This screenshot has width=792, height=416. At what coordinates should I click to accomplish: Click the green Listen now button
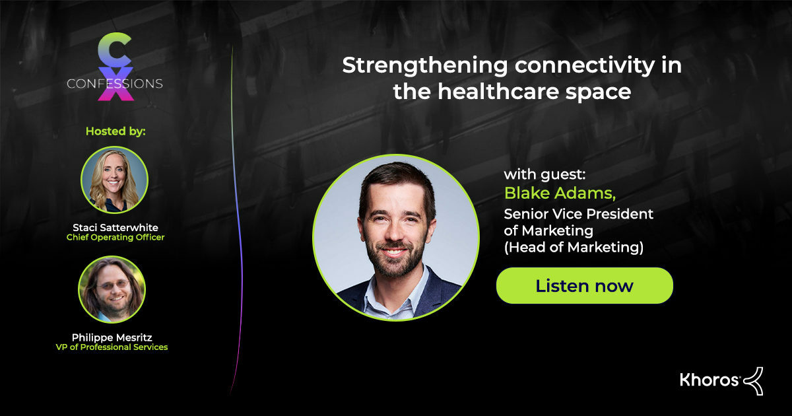click(584, 285)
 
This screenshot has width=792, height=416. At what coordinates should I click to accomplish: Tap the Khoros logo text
click(709, 380)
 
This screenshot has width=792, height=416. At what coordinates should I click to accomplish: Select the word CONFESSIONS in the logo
click(115, 84)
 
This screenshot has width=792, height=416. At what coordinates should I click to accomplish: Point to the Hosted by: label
click(115, 131)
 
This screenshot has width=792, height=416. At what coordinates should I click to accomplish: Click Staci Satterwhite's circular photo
click(114, 179)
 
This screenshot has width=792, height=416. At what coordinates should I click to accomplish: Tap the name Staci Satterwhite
click(115, 228)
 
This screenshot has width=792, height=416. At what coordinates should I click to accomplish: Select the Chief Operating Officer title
click(115, 238)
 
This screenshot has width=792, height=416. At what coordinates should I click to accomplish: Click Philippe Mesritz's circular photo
click(112, 289)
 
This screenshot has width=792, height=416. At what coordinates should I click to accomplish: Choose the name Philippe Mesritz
click(112, 337)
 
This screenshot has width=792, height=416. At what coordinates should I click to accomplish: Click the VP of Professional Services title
click(112, 347)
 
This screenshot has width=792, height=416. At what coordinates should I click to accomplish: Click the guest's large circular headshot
click(395, 238)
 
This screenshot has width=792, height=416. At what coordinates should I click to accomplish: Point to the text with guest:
click(544, 175)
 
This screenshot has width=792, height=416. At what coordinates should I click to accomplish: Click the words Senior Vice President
click(578, 214)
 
